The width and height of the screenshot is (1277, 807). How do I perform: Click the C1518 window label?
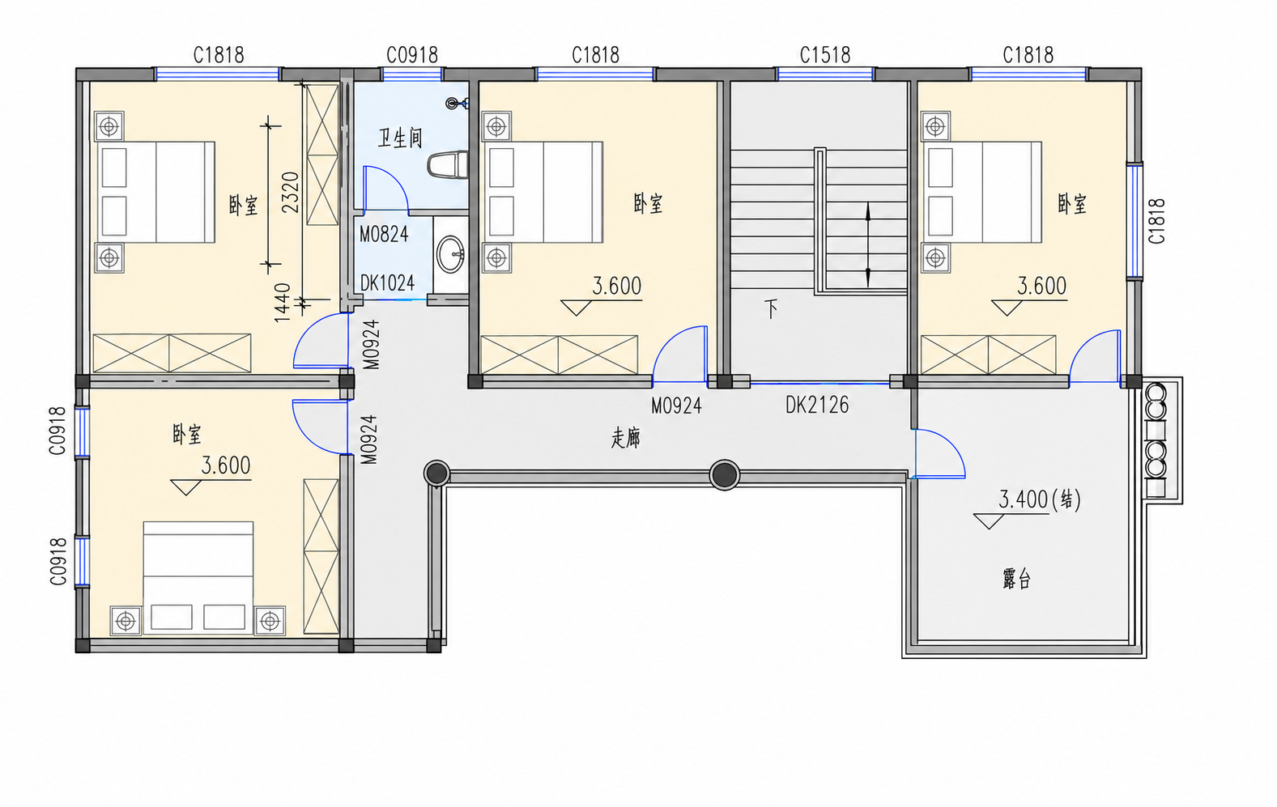[825, 55]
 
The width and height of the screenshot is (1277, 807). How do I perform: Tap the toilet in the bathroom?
[448, 164]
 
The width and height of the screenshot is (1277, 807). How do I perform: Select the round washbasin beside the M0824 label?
[451, 254]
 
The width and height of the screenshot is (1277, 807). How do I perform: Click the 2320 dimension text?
[291, 192]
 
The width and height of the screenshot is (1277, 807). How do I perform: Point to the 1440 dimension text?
[282, 302]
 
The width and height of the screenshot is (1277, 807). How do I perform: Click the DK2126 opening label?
[817, 406]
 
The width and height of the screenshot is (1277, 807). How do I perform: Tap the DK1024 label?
[387, 282]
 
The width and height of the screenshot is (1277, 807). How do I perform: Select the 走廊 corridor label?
[626, 438]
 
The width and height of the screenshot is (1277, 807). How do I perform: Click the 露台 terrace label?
[1016, 579]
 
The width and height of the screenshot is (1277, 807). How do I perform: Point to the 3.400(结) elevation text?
[1040, 499]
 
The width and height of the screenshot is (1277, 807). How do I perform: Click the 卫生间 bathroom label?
[400, 138]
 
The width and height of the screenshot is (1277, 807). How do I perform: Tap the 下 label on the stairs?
[772, 309]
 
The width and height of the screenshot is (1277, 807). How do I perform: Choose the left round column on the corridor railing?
[436, 474]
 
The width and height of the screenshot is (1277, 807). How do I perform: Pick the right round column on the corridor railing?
[725, 474]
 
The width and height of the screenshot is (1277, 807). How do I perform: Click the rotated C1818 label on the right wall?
[1156, 221]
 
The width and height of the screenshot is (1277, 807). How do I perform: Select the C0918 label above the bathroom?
[412, 55]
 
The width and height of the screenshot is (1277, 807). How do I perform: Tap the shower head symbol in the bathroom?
[456, 103]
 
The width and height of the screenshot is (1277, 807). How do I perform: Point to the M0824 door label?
[384, 234]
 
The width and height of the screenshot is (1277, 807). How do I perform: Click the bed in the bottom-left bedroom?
[198, 577]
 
